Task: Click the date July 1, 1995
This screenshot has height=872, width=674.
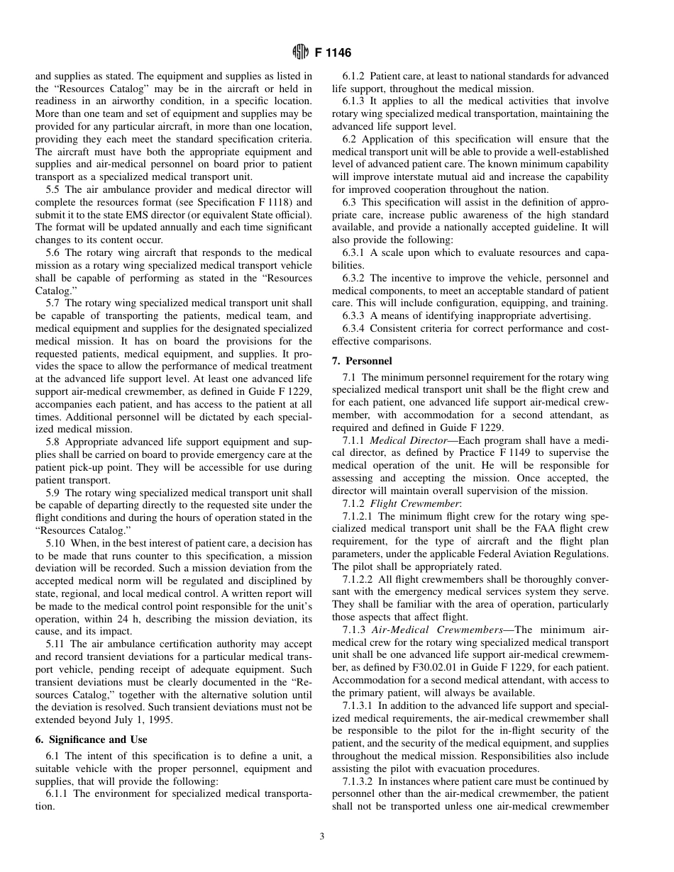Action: pyautogui.click(x=148, y=720)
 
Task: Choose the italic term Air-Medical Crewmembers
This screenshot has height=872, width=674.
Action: pyautogui.click(x=437, y=630)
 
